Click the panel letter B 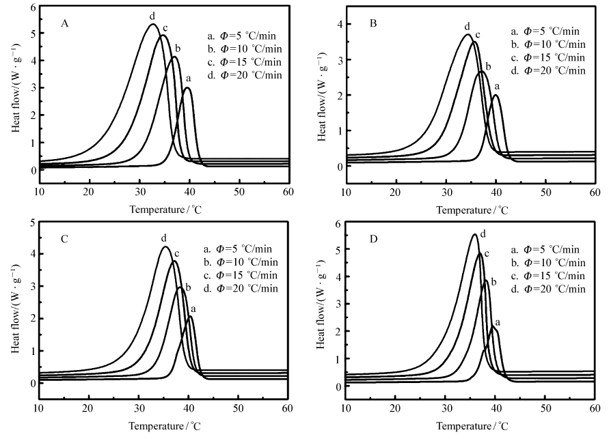(373, 24)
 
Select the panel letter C (64, 240)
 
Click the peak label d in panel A (152, 15)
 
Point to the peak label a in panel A (188, 78)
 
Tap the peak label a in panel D (497, 321)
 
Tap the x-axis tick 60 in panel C (288, 408)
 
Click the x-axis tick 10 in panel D (346, 408)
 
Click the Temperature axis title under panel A (163, 208)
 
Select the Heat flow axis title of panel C (14, 315)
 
